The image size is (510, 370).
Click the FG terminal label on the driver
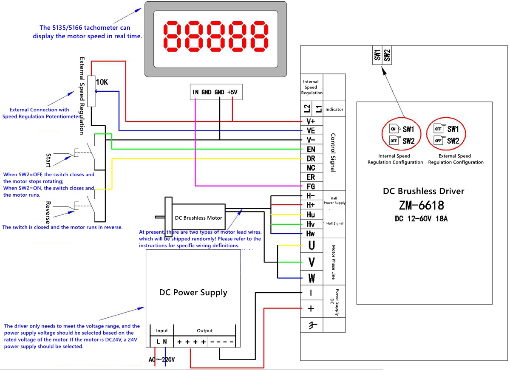click(x=311, y=186)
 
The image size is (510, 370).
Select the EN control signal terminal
click(x=311, y=149)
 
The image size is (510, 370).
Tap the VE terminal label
click(x=311, y=131)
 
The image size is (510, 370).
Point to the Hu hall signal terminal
click(x=311, y=215)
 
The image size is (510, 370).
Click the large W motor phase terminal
click(x=312, y=279)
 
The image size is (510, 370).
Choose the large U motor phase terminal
click(x=312, y=246)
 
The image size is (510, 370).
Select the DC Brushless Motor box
click(x=198, y=217)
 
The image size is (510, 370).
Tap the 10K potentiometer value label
click(x=102, y=82)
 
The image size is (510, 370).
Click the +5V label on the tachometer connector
click(x=232, y=92)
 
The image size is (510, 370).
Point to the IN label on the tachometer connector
click(x=195, y=92)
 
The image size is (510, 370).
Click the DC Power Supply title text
click(x=193, y=293)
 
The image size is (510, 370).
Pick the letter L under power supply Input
click(x=158, y=342)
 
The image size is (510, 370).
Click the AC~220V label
click(x=162, y=360)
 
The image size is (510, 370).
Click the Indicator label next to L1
click(x=334, y=109)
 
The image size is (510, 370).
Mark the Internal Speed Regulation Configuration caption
click(x=395, y=159)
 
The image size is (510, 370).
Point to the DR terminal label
click(x=311, y=158)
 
